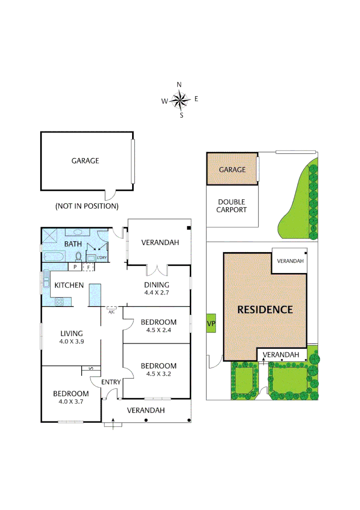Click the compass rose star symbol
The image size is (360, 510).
(179, 100)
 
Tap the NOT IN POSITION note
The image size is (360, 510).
(87, 206)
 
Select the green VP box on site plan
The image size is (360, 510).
(211, 323)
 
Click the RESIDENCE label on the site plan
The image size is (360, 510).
(265, 310)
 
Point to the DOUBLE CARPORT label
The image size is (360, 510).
(231, 206)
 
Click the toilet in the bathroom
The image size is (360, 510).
(79, 256)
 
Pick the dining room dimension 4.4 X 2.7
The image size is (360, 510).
(157, 293)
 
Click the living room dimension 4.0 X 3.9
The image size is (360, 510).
(71, 341)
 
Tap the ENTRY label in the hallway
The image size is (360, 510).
(111, 382)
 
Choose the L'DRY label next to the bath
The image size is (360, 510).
(102, 258)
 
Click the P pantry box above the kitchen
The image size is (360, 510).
(75, 267)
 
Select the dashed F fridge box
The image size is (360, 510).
(87, 267)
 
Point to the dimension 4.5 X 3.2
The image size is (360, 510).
(159, 374)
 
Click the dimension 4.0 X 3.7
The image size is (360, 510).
(71, 402)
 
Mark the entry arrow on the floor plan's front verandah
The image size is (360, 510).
(113, 424)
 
